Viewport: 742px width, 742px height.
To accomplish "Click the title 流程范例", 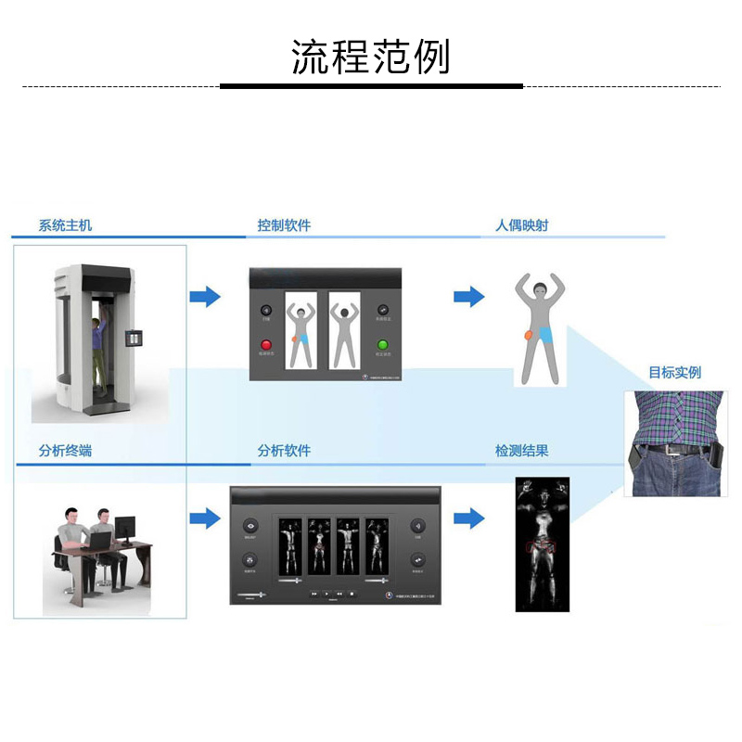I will (x=371, y=58).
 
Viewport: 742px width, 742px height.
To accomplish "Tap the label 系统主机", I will (x=65, y=225).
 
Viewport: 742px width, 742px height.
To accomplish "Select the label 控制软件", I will (x=284, y=225).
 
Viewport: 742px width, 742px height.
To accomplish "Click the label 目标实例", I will (x=674, y=373).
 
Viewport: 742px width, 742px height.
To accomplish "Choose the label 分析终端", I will (x=65, y=451).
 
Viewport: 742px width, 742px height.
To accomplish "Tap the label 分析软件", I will (x=284, y=451).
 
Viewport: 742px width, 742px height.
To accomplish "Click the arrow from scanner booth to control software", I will (x=205, y=297).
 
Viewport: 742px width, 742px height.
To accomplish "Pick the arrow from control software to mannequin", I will (x=469, y=297).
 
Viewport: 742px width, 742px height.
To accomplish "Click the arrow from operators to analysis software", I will (x=205, y=518).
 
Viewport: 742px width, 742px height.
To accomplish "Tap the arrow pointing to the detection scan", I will (x=469, y=518).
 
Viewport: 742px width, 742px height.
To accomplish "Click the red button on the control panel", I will (x=266, y=344).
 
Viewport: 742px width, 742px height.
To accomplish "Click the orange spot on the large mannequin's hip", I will (x=529, y=334).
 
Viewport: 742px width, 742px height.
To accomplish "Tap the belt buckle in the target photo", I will (x=682, y=450).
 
